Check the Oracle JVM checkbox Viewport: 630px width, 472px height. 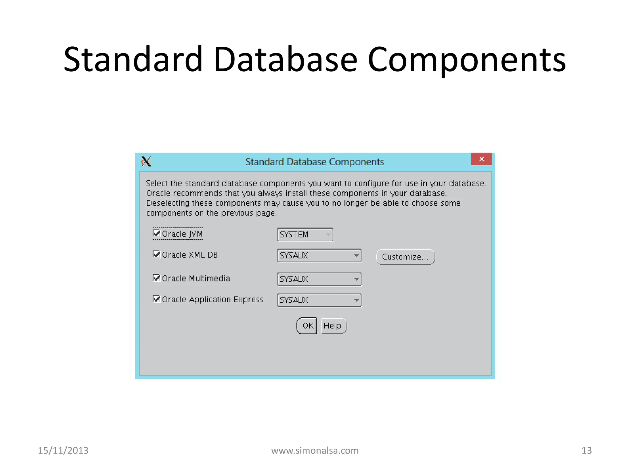[157, 233]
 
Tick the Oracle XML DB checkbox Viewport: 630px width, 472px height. [157, 254]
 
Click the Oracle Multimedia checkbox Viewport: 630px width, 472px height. [157, 278]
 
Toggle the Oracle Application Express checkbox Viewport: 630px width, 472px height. [157, 299]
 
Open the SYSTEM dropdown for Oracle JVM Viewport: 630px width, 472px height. [328, 235]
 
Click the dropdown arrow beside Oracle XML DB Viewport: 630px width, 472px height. [356, 256]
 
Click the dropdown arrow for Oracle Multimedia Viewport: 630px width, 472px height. [356, 279]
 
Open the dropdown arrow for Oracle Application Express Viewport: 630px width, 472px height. [356, 300]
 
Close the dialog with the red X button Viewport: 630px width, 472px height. [481, 159]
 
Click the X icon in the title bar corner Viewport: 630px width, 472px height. [146, 161]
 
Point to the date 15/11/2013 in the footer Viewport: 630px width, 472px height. [63, 450]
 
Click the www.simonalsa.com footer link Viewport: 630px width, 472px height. [315, 450]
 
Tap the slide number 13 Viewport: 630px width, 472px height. [586, 450]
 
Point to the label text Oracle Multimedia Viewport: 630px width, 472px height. [196, 278]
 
